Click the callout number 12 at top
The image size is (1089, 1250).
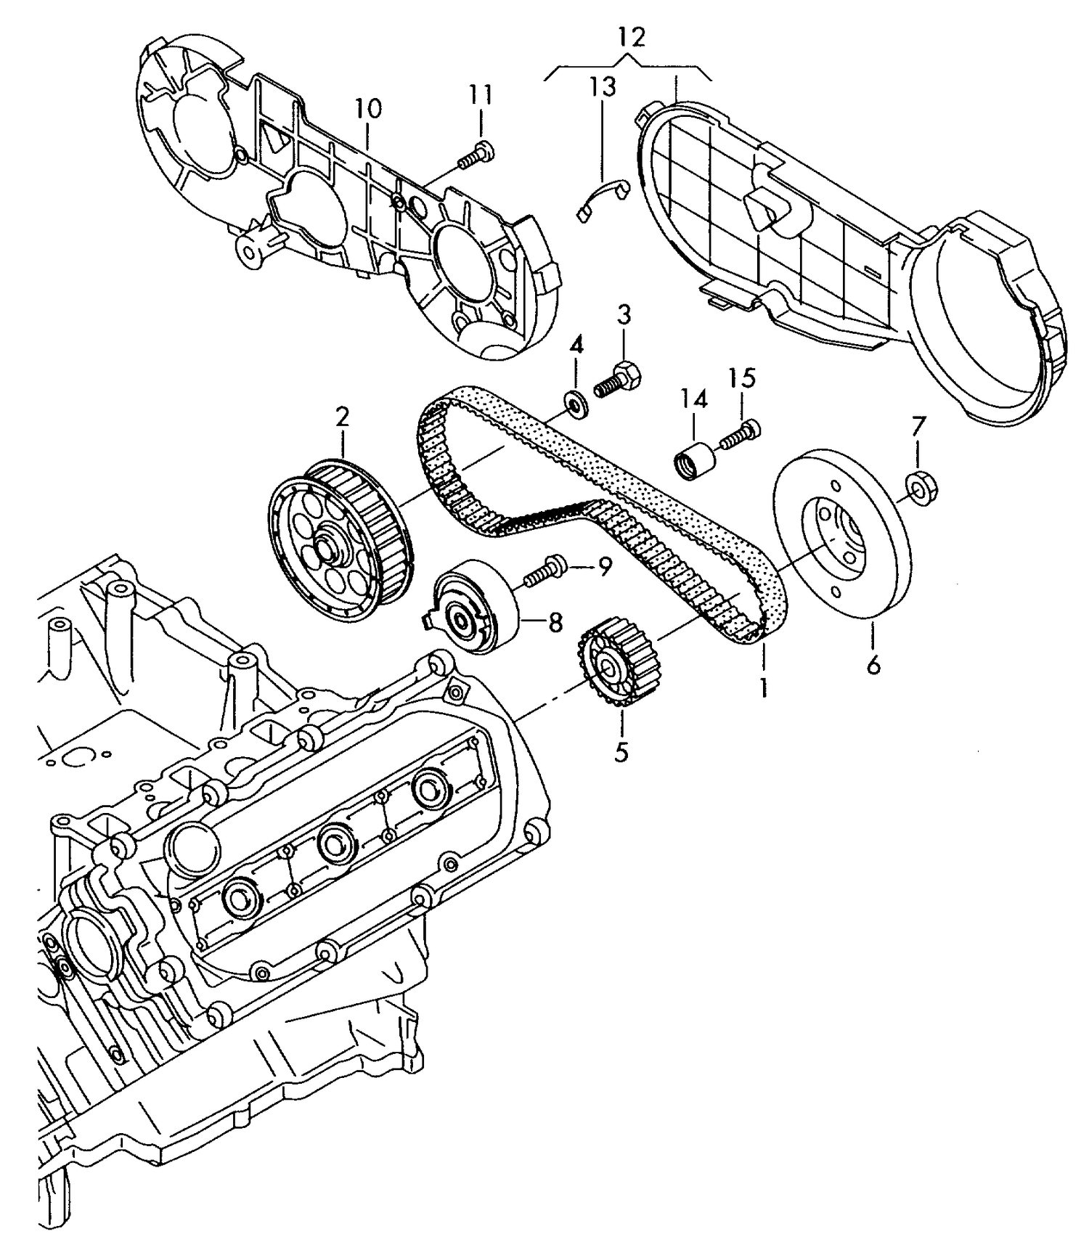coord(632,36)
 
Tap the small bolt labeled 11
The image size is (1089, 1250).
coord(477,156)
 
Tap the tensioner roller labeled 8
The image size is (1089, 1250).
coord(476,605)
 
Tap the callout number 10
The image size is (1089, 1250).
coord(369,110)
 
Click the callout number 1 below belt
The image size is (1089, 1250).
coord(763,687)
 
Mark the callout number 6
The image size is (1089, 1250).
coord(873,663)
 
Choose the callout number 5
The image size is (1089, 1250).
coord(621,751)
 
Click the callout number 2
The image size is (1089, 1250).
coord(342,417)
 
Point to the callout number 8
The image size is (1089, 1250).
coord(555,622)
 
